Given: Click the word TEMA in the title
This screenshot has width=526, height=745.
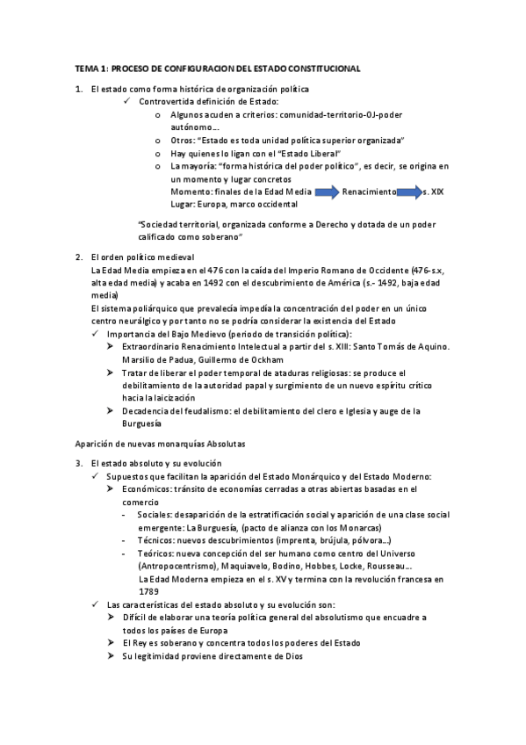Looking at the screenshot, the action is (x=85, y=68).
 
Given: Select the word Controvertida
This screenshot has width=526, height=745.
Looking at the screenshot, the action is (x=166, y=102).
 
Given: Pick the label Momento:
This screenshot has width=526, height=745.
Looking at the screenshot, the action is (x=191, y=191).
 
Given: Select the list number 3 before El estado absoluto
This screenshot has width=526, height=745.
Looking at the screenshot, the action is (x=78, y=463).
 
